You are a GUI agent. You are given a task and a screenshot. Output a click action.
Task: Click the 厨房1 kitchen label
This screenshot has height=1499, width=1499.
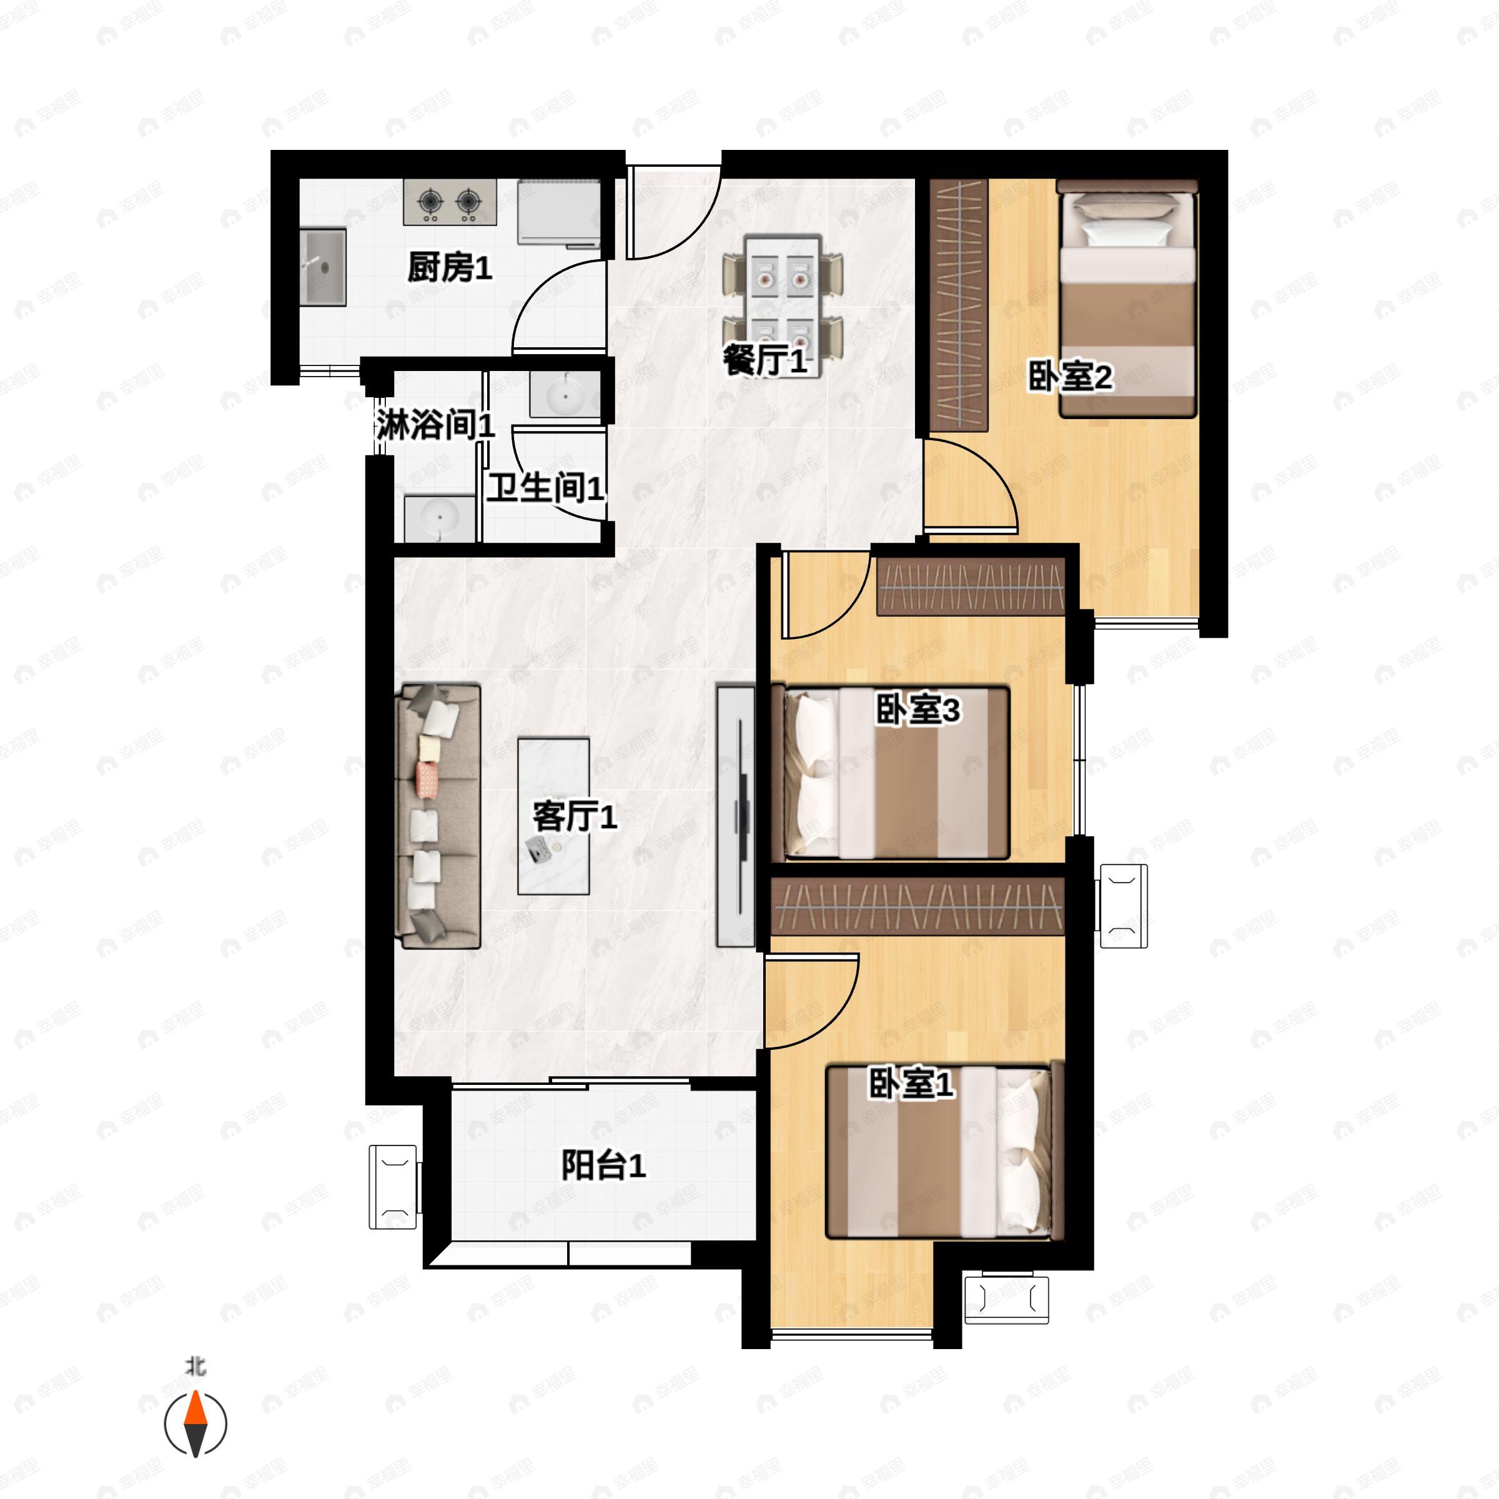pyautogui.click(x=449, y=269)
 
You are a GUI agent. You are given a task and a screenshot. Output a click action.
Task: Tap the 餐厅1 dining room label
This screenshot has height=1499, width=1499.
pyautogui.click(x=765, y=361)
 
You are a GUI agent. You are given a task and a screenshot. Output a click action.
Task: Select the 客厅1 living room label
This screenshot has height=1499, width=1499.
pyautogui.click(x=574, y=817)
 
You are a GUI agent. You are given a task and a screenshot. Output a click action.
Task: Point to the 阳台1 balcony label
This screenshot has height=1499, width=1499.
pyautogui.click(x=603, y=1165)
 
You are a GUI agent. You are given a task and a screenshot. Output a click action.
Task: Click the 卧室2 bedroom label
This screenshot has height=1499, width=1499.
pyautogui.click(x=1070, y=377)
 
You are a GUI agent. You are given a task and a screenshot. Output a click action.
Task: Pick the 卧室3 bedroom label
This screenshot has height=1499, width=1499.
pyautogui.click(x=918, y=709)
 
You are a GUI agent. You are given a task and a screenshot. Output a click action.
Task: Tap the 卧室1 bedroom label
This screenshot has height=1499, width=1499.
pyautogui.click(x=910, y=1084)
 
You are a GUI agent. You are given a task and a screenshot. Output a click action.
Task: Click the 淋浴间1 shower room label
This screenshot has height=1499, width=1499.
pyautogui.click(x=435, y=425)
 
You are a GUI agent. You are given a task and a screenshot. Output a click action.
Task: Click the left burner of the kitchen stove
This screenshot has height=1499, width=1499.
pyautogui.click(x=430, y=202)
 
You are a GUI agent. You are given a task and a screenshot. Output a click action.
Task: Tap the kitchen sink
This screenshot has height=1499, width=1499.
pyautogui.click(x=323, y=267)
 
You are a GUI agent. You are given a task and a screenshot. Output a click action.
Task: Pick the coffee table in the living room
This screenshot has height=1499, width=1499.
pyautogui.click(x=553, y=816)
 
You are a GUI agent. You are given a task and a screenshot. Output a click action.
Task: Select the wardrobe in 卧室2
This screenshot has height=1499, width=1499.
pyautogui.click(x=959, y=305)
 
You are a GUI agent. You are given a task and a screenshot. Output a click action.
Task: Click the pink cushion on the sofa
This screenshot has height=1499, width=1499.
pyautogui.click(x=427, y=779)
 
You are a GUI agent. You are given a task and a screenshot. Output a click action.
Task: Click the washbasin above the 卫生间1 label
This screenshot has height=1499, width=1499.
pyautogui.click(x=564, y=396)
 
